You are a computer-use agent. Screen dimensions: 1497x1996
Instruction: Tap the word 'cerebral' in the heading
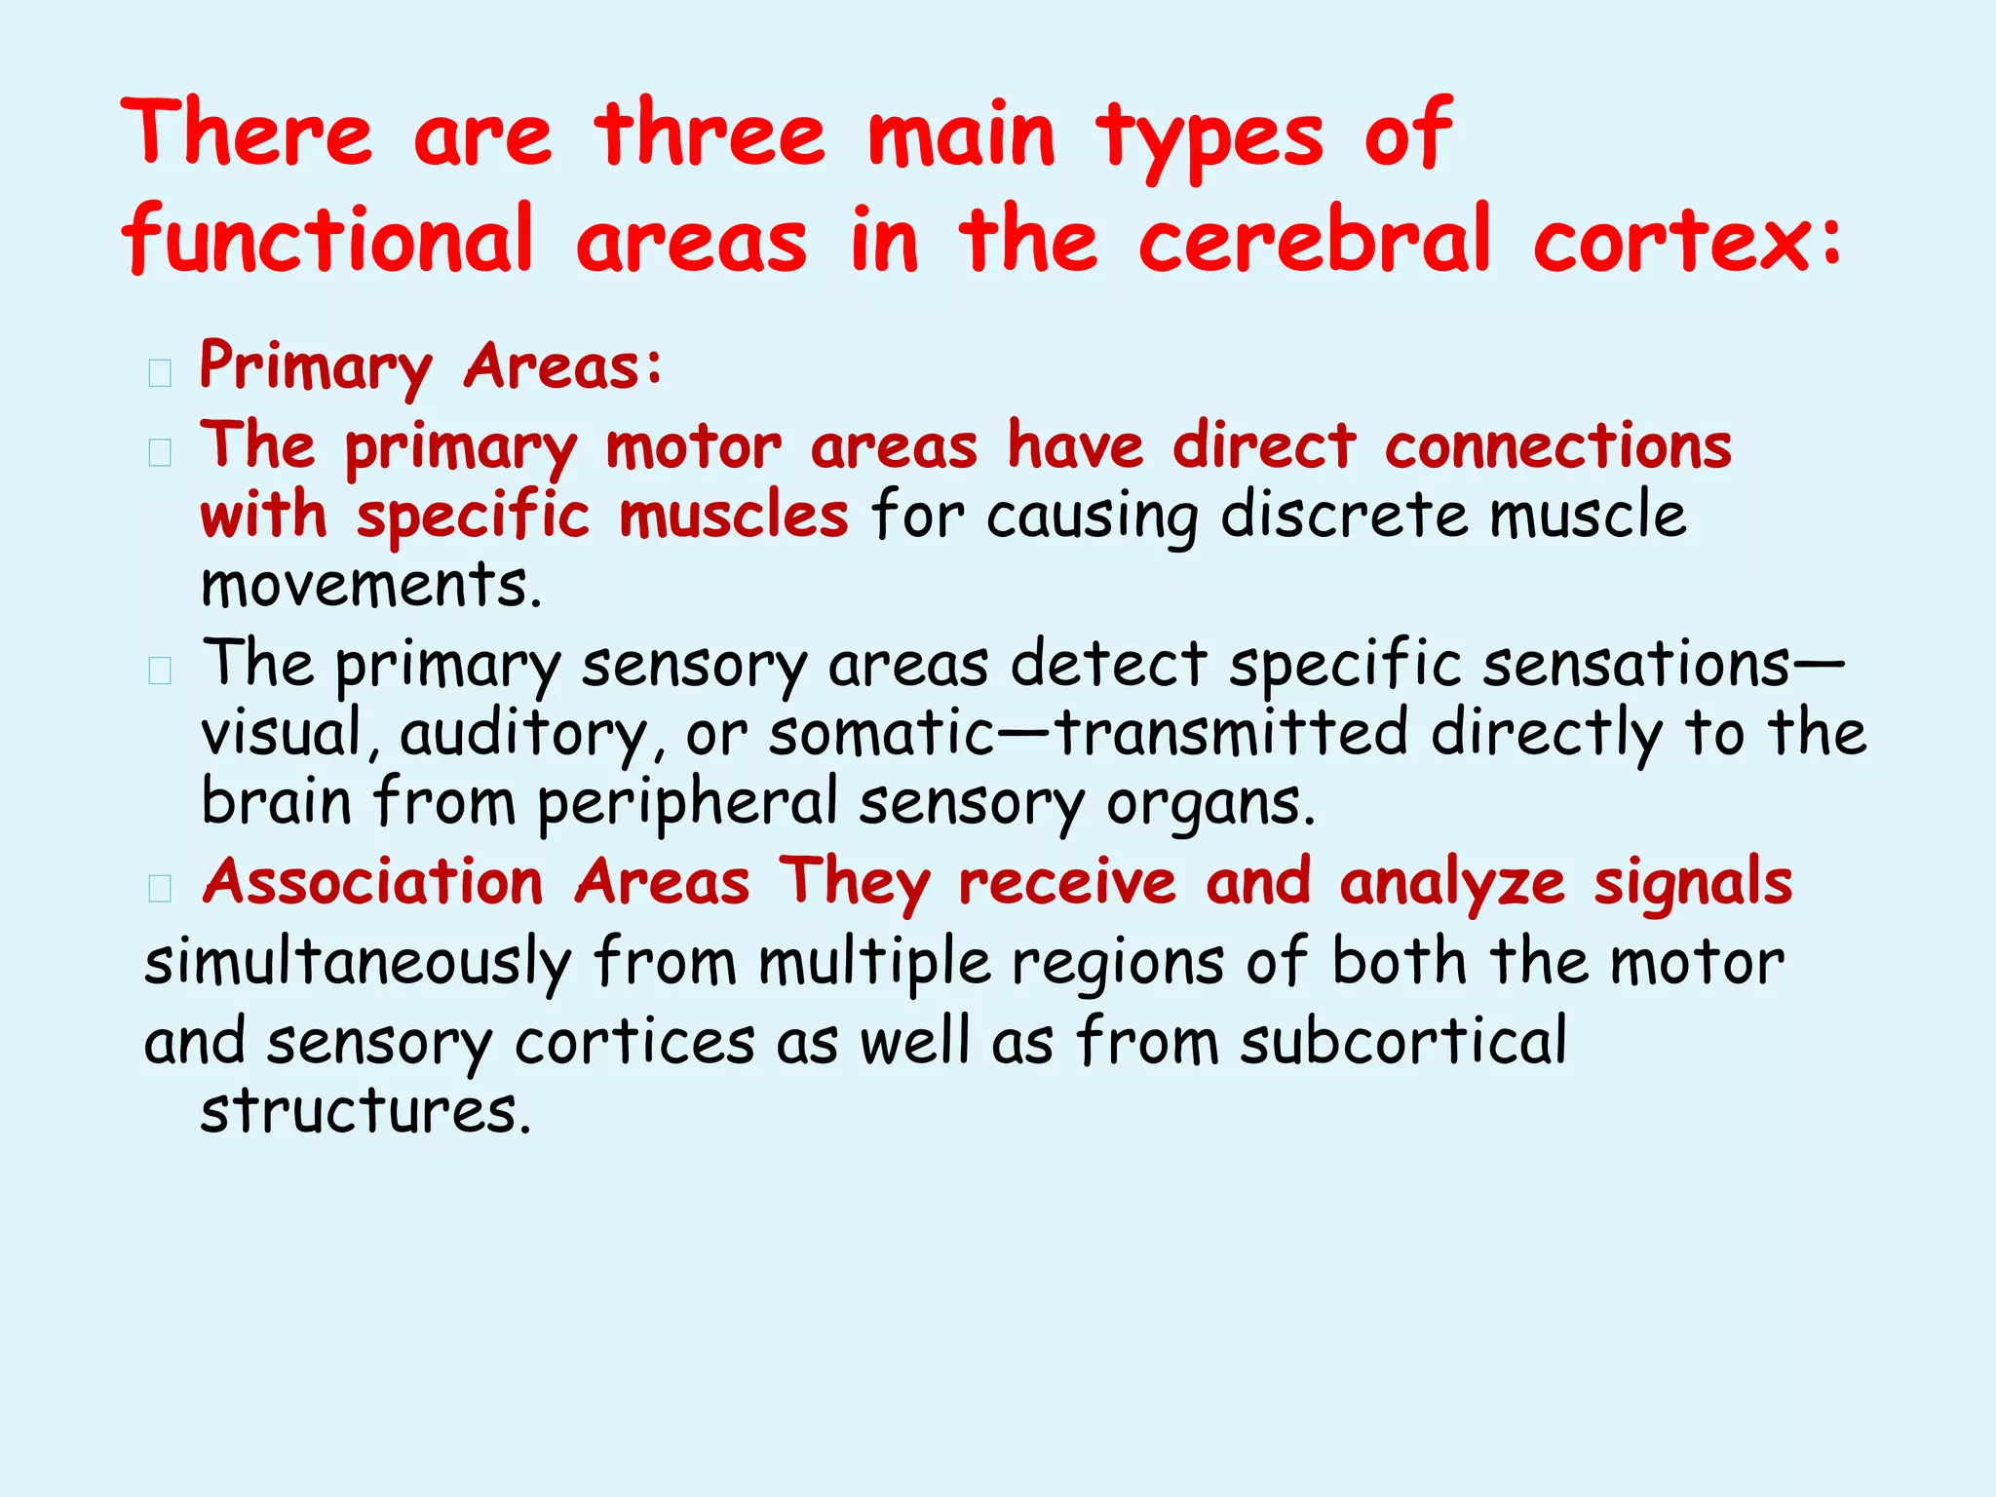[1315, 240]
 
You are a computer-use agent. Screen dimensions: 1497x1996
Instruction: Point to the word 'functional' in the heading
[327, 240]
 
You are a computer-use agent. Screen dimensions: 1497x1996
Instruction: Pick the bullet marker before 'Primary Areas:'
[160, 372]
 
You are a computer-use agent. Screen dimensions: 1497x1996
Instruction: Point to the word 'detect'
[1109, 665]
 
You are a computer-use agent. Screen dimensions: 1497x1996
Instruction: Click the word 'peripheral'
[687, 803]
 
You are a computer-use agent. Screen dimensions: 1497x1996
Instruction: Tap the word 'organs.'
[1211, 805]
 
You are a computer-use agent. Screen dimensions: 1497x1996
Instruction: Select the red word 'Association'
[373, 883]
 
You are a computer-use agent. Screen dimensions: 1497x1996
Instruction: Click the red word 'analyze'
[1452, 883]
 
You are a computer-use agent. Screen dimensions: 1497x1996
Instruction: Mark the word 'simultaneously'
[358, 963]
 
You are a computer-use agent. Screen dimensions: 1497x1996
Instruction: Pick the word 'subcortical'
[1403, 1041]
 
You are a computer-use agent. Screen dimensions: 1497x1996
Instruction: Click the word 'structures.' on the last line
[366, 1111]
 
